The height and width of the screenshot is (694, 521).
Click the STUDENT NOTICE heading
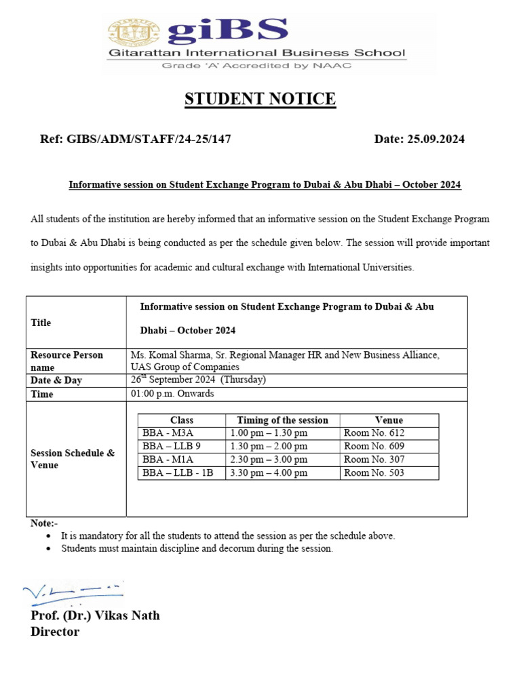(260, 100)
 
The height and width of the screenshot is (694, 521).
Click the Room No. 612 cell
(374, 433)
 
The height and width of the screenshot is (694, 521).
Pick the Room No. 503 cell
(374, 473)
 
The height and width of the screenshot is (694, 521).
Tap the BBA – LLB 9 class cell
(172, 447)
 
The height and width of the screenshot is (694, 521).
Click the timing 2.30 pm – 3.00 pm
(269, 460)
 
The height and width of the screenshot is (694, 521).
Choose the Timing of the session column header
(282, 420)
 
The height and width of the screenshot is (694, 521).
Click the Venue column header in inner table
(389, 420)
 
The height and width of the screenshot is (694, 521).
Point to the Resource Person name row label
(66, 361)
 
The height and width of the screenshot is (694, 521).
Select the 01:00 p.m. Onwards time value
(172, 394)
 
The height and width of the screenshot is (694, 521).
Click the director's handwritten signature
(72, 593)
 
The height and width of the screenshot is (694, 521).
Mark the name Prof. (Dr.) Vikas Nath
(95, 615)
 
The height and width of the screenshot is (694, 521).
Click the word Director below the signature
(55, 632)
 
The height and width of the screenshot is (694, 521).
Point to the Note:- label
(45, 524)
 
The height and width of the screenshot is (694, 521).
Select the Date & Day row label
(56, 380)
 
